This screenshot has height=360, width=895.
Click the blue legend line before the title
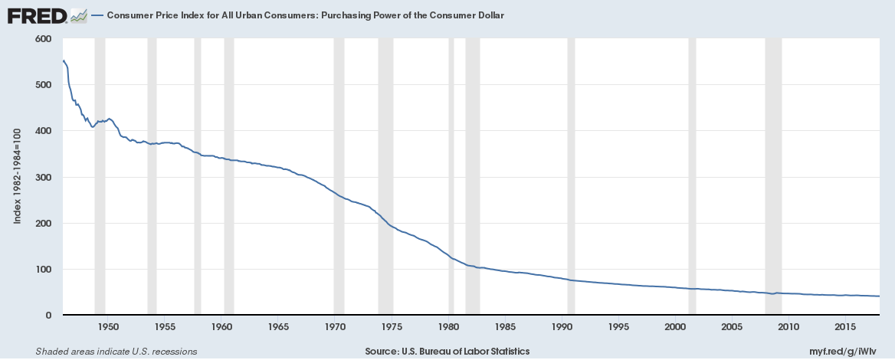coord(98,15)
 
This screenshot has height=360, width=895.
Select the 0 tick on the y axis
coord(48,316)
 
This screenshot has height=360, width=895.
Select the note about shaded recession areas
coord(106,352)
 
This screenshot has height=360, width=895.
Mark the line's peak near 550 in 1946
coord(63,61)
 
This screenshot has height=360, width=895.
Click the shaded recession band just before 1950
coord(100,176)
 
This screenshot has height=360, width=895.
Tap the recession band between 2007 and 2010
coord(773,176)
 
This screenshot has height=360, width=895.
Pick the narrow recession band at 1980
coord(451,176)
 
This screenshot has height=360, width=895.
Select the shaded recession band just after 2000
coord(692,176)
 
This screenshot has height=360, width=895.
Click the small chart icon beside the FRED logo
coord(79,15)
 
